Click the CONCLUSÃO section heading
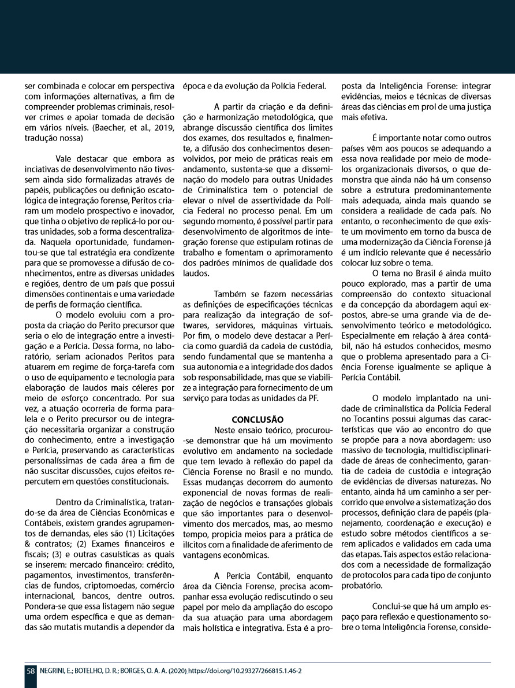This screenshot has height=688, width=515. point(257,419)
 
